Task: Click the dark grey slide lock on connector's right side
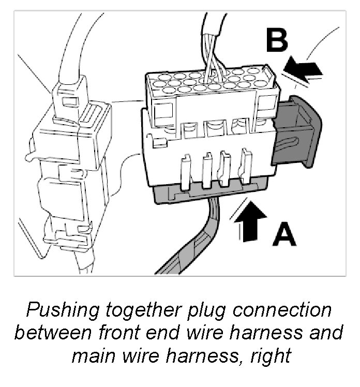pos(297,132)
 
